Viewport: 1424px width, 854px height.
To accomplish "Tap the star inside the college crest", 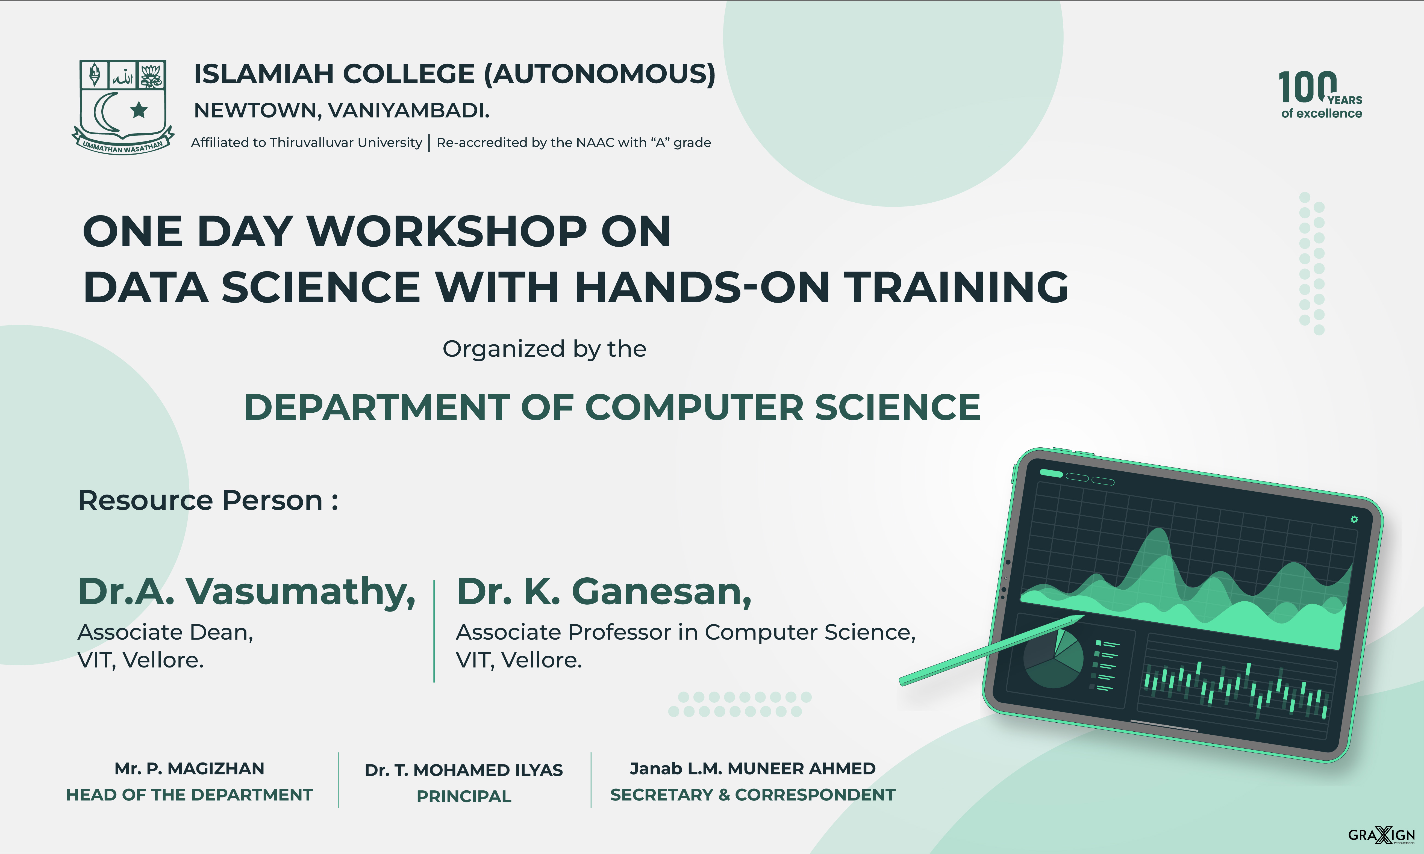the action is tap(139, 109).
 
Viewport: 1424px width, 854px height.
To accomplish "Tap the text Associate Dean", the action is tap(165, 633).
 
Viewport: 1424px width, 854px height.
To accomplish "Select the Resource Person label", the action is tap(208, 500).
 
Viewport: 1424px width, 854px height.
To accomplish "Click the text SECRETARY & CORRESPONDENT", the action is tap(753, 795).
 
